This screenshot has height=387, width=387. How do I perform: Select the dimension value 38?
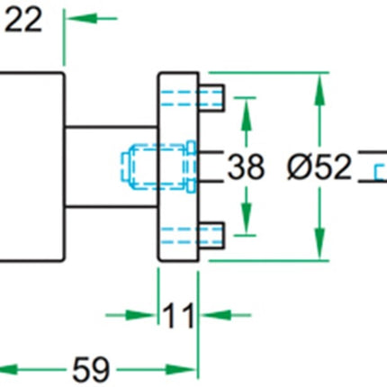pyautogui.click(x=246, y=166)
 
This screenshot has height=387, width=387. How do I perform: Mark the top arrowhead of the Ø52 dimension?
pyautogui.click(x=318, y=85)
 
